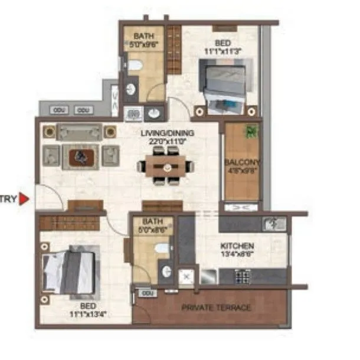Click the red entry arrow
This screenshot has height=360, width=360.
[24, 199]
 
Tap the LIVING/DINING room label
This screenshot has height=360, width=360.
[167, 133]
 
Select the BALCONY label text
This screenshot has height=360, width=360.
[242, 161]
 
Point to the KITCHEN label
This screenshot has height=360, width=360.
[237, 246]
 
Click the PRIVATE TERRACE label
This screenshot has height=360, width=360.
[216, 307]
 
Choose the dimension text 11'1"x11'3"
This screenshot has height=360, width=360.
[222, 51]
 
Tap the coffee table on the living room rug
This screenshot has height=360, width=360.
[80, 156]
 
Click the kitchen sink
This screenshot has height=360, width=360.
[274, 224]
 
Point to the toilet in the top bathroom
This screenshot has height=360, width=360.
[133, 63]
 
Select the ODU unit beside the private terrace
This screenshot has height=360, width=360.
[148, 293]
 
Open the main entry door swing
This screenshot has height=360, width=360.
[48, 197]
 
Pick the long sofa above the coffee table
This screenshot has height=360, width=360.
[80, 132]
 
